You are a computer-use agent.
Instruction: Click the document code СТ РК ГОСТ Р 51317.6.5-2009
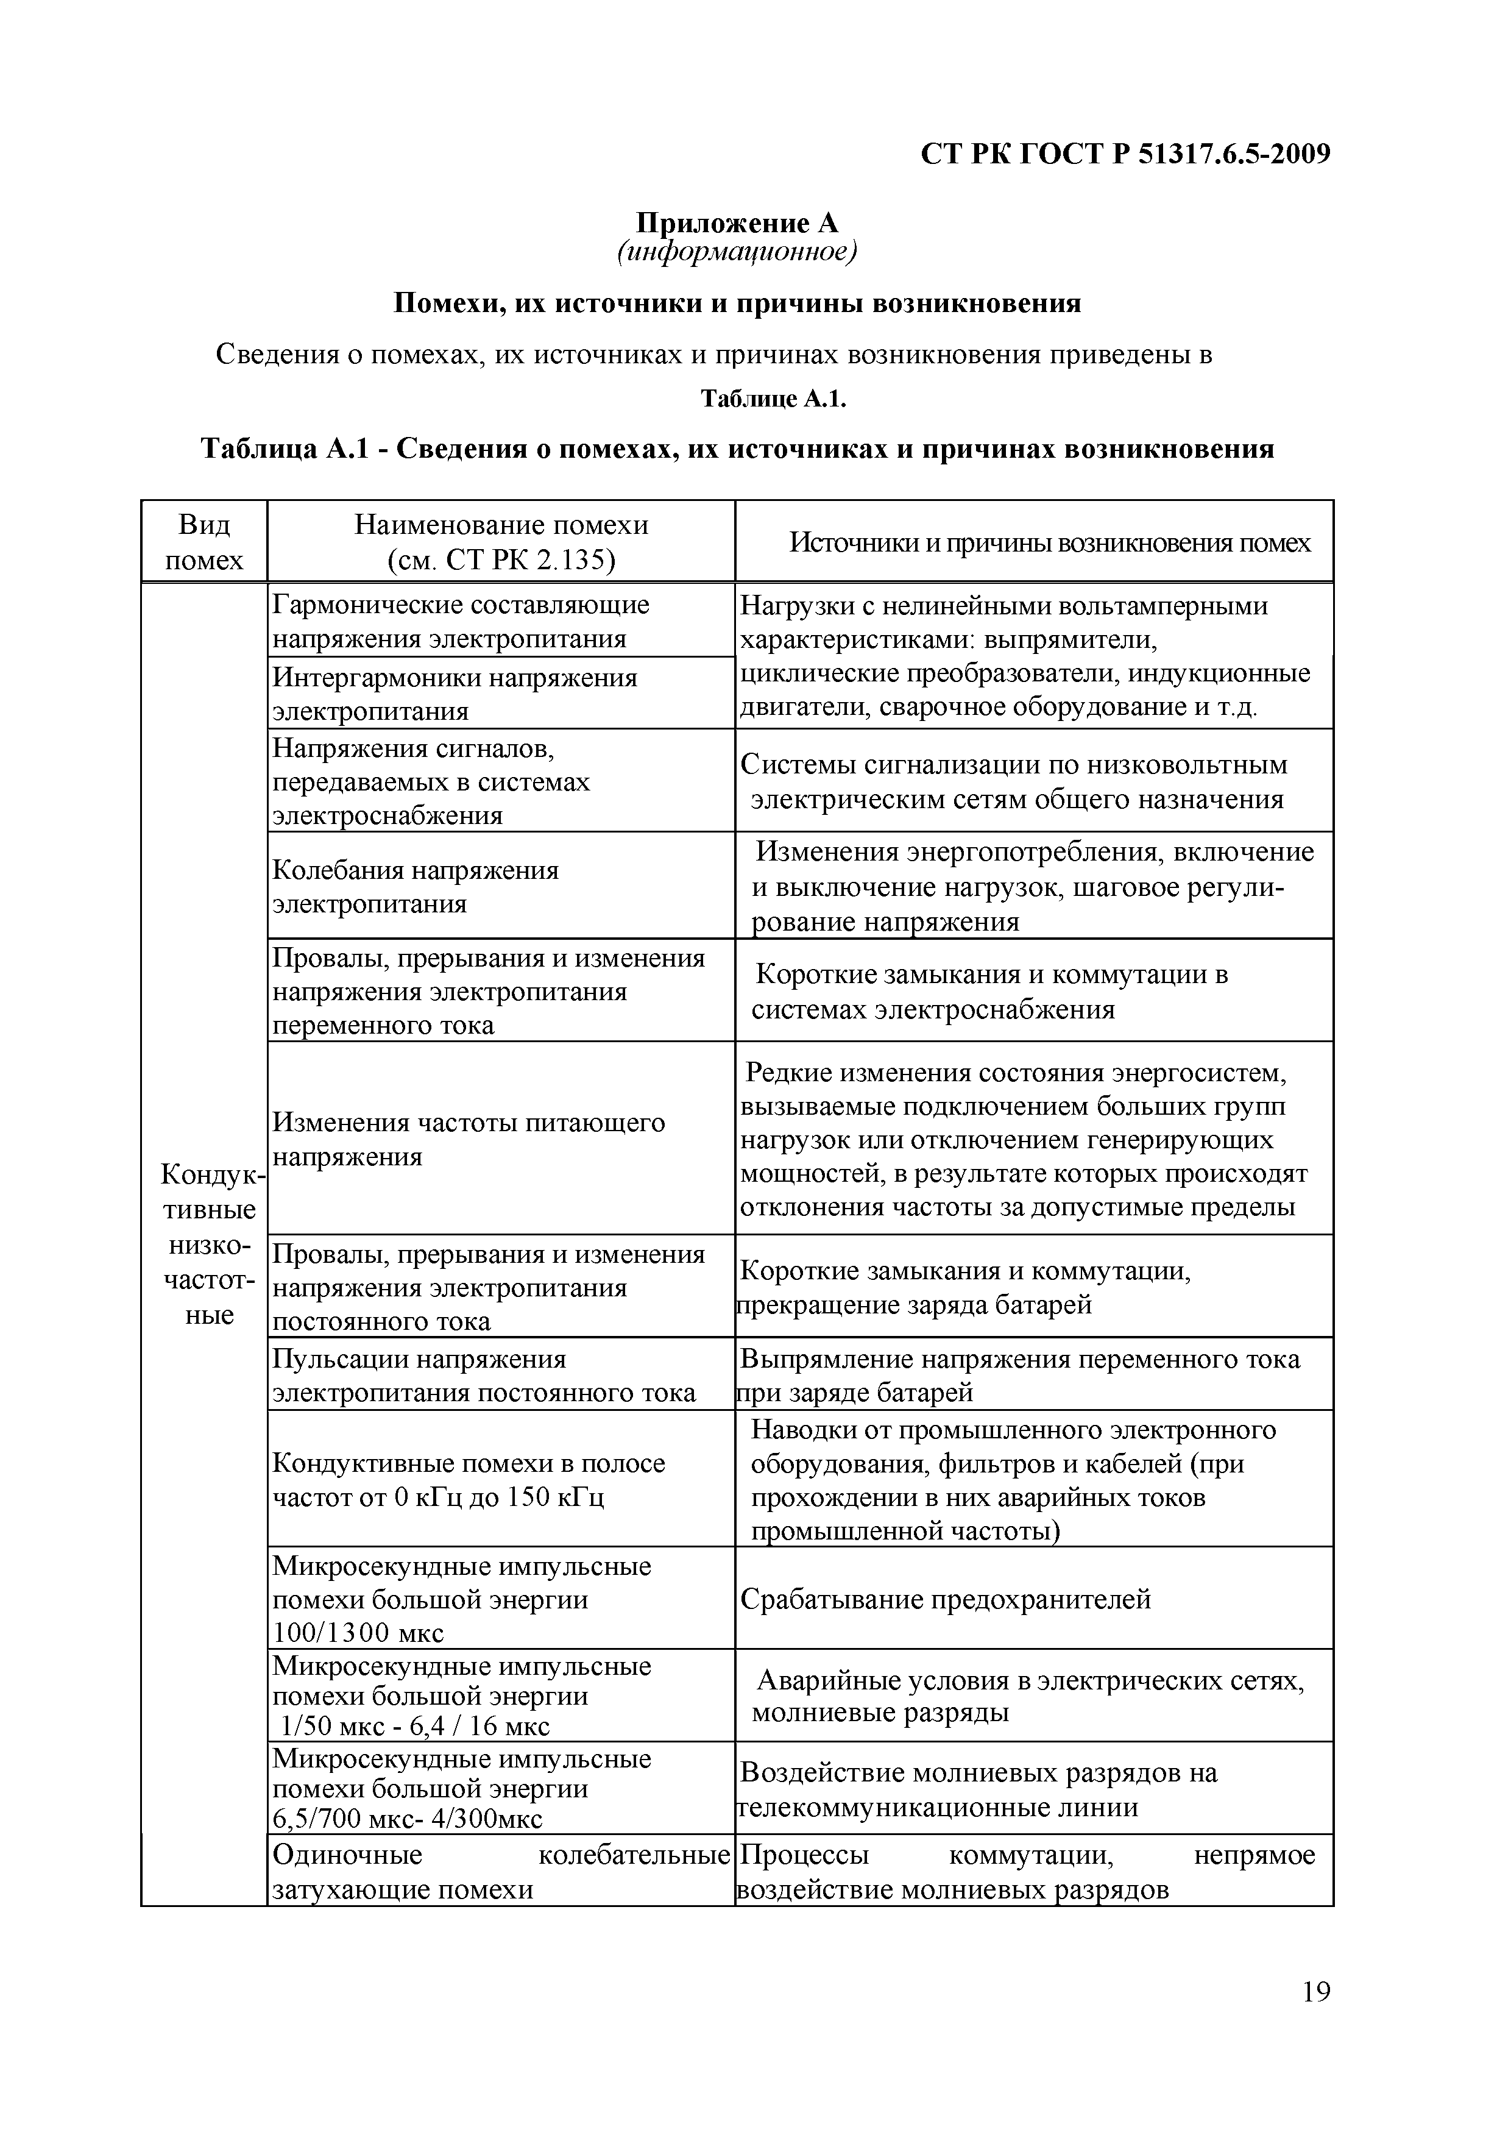(x=1125, y=154)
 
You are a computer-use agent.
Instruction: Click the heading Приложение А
(x=737, y=222)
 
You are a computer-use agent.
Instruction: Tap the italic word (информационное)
(x=737, y=252)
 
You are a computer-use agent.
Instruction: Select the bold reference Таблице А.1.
(x=773, y=399)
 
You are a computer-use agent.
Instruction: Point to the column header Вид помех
(x=204, y=542)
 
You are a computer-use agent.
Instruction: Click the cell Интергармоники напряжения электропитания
(x=455, y=694)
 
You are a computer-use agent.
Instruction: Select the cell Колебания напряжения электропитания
(x=416, y=887)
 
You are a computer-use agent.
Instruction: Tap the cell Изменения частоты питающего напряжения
(x=469, y=1139)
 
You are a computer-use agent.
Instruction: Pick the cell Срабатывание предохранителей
(x=946, y=1599)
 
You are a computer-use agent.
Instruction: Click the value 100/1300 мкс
(x=358, y=1632)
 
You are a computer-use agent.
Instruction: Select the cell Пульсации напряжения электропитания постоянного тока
(x=483, y=1376)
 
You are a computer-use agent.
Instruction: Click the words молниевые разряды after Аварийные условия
(x=880, y=1713)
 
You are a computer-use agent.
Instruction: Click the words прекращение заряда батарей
(x=915, y=1305)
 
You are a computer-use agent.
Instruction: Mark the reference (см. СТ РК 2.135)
(x=501, y=559)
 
